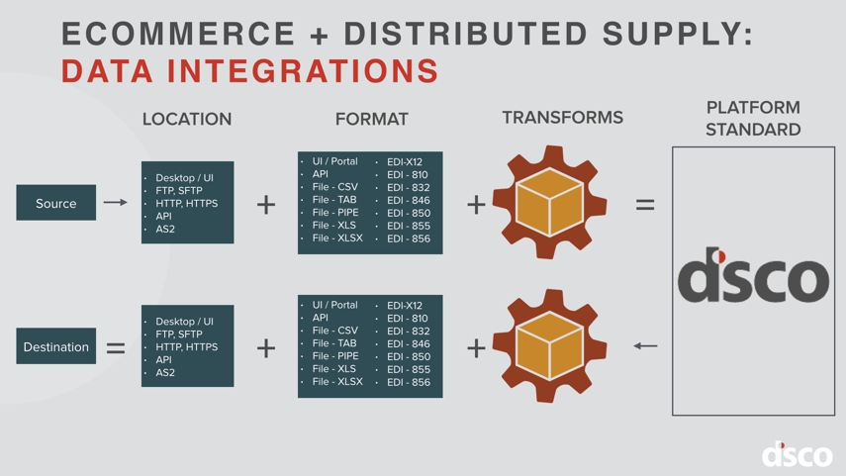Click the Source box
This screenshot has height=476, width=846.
tap(56, 203)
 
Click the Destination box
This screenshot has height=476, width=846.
tap(56, 346)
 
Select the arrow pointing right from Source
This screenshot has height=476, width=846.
tap(115, 203)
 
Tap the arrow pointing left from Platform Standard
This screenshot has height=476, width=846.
tap(645, 346)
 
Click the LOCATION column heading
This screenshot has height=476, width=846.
tap(187, 119)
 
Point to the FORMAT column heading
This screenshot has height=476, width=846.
tap(371, 119)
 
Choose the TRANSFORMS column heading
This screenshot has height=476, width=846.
tap(562, 118)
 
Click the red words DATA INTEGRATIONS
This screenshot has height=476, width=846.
tap(250, 72)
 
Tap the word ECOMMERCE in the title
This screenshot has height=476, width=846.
tap(178, 34)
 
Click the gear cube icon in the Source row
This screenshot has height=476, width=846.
tap(549, 202)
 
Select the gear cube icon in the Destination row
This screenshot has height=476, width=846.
tap(549, 345)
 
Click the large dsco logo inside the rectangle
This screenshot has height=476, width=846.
tap(753, 276)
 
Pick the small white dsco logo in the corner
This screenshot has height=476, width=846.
tap(797, 454)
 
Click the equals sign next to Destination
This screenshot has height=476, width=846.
tap(116, 347)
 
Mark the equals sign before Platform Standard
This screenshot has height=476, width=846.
tap(645, 205)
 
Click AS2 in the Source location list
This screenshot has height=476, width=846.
tap(165, 229)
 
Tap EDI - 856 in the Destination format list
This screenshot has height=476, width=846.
tap(408, 382)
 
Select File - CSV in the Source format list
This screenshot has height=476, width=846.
tap(334, 187)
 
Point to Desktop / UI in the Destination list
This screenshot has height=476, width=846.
tap(184, 322)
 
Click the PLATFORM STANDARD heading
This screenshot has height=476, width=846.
tap(753, 119)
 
